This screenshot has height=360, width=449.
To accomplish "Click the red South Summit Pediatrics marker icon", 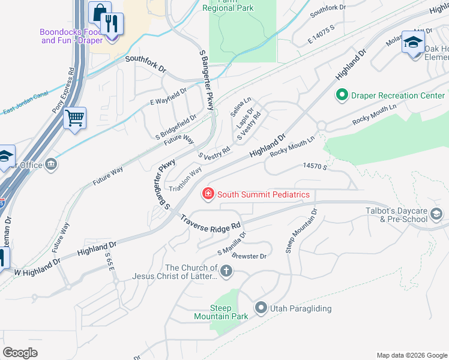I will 208,194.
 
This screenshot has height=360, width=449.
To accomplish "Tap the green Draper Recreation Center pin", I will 342,95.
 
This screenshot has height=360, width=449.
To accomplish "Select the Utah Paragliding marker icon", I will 261,308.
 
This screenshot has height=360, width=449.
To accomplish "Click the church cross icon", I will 226,272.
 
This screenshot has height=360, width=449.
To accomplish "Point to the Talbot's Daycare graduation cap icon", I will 436,214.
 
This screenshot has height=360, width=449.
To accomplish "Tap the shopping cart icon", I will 75,118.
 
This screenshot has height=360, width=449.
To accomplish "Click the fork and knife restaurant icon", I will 112,24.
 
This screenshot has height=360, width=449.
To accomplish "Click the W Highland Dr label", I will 37,267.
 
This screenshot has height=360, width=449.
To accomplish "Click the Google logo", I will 20,353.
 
